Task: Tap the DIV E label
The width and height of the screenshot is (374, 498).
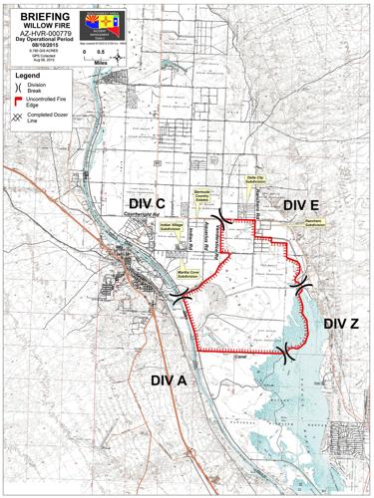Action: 299,204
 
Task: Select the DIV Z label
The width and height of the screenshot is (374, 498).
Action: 340,324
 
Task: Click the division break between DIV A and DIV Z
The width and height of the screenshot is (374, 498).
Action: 287,352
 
